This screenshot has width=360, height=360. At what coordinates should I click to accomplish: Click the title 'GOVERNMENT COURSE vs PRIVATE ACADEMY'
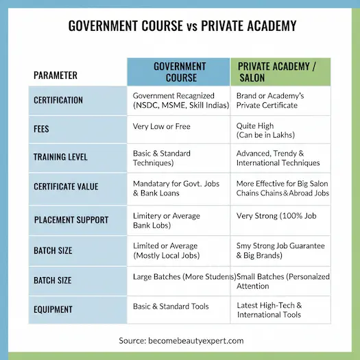tap(182, 26)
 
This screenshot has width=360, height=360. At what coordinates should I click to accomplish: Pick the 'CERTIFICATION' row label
tap(58, 100)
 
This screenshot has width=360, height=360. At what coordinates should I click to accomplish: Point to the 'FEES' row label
tap(41, 128)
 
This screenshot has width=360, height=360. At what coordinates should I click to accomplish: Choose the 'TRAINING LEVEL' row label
tap(60, 157)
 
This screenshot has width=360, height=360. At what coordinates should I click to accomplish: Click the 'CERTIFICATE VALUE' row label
tap(66, 186)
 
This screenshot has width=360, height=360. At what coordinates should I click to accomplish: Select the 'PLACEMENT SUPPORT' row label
tap(71, 220)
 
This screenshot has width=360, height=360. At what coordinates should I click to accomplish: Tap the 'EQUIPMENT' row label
tap(54, 309)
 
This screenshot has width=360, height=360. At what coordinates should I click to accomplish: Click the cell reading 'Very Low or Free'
tap(161, 126)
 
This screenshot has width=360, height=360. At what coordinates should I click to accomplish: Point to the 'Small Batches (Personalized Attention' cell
tap(283, 281)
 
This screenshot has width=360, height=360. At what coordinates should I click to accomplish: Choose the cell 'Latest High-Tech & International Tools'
tap(269, 310)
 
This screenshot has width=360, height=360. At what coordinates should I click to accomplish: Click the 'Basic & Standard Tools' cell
tap(171, 306)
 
